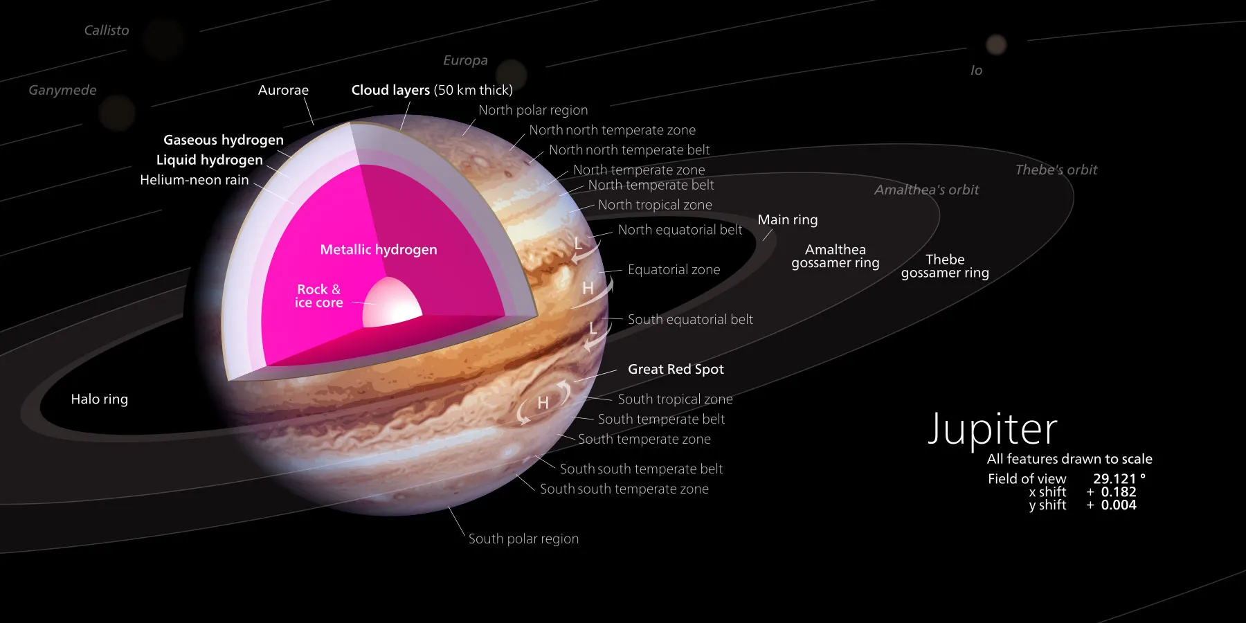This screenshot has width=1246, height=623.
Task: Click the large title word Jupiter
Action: point(992,430)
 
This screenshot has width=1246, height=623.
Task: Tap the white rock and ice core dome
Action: point(392,303)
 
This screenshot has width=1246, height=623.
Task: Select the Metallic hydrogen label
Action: point(379,249)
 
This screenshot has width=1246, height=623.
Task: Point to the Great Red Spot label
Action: point(676,369)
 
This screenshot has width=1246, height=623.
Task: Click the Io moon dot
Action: point(996,45)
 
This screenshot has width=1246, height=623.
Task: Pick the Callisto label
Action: point(107,30)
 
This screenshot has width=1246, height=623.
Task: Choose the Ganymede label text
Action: point(62,91)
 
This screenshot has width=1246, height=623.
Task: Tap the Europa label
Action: point(465,61)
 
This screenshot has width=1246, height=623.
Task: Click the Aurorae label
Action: point(283,90)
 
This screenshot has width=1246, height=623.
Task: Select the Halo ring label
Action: point(100,399)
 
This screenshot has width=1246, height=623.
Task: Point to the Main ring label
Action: point(788,219)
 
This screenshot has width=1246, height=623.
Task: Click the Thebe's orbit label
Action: point(1056,170)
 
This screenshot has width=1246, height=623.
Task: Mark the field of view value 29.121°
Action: point(1119,478)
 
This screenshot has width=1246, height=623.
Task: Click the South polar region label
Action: point(523,539)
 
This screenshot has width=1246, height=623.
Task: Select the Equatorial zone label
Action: point(674,270)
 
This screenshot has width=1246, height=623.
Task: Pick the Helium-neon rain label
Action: point(194,180)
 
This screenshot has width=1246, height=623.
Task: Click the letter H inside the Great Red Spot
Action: point(543,403)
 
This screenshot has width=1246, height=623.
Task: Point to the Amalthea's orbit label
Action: point(926,190)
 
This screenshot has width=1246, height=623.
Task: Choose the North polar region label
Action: point(533,110)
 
